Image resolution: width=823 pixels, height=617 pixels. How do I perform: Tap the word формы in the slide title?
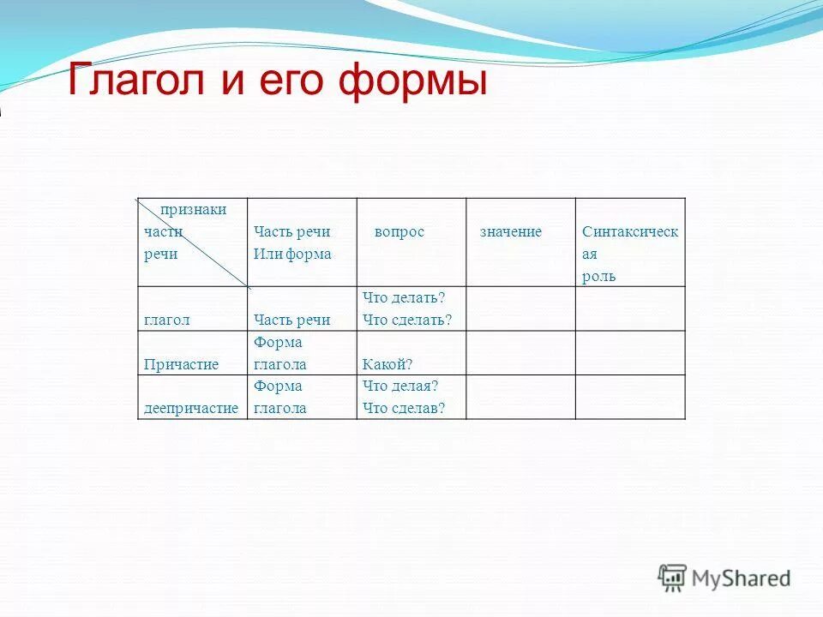(x=412, y=83)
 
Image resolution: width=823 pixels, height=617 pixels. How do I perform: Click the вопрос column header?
(x=399, y=232)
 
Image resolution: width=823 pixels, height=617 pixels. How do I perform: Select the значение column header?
(x=510, y=232)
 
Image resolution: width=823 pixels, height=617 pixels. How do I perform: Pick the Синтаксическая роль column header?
(x=629, y=254)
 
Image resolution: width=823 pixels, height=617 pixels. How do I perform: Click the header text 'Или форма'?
(x=292, y=255)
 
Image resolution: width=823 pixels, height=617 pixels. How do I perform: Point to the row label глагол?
(x=167, y=320)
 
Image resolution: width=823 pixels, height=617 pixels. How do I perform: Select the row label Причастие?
(x=181, y=364)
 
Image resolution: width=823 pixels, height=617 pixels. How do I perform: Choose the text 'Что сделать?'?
(x=406, y=320)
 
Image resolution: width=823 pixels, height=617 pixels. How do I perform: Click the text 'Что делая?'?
(x=400, y=386)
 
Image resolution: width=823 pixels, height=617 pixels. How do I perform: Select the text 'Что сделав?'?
(x=404, y=408)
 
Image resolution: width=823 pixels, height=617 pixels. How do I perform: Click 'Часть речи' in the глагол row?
(x=291, y=320)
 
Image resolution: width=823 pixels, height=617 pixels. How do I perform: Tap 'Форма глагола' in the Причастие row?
(x=279, y=353)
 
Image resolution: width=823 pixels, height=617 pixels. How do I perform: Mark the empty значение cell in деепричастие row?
(x=520, y=397)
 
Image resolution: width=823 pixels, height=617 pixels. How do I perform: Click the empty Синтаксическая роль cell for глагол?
(x=630, y=308)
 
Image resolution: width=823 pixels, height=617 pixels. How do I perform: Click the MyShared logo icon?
(x=672, y=578)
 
